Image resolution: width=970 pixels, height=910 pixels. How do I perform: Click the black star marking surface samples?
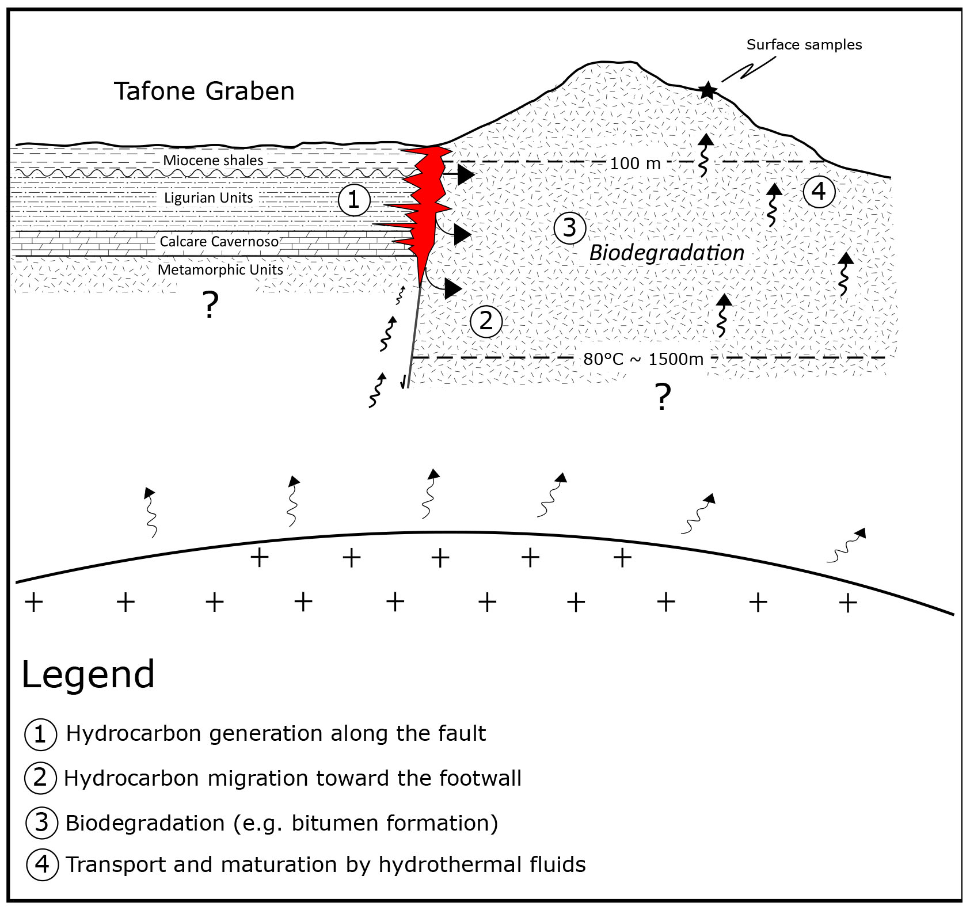(x=707, y=90)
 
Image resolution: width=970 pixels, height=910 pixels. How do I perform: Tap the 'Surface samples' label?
(x=804, y=45)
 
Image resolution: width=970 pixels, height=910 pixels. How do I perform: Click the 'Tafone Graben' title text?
(x=204, y=91)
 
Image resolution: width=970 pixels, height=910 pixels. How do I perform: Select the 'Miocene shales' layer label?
(x=213, y=160)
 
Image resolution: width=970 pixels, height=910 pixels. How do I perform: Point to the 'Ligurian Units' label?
(x=208, y=198)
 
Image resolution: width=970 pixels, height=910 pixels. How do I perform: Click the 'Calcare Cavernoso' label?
(x=219, y=241)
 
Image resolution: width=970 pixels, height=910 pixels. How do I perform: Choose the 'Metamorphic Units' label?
(x=220, y=269)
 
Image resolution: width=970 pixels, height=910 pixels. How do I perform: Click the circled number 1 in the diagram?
(x=353, y=200)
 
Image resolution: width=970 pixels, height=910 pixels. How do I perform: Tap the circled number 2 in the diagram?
(x=486, y=321)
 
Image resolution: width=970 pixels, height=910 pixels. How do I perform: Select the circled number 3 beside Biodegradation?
(x=569, y=228)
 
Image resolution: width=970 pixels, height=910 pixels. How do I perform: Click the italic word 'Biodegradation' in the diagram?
(x=667, y=253)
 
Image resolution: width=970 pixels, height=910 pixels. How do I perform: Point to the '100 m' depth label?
(x=635, y=163)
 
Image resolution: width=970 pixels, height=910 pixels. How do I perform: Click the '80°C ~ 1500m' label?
(x=643, y=359)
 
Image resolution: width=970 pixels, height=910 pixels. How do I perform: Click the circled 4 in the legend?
(x=42, y=865)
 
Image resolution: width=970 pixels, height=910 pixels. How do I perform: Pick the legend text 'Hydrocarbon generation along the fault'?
(x=276, y=733)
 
